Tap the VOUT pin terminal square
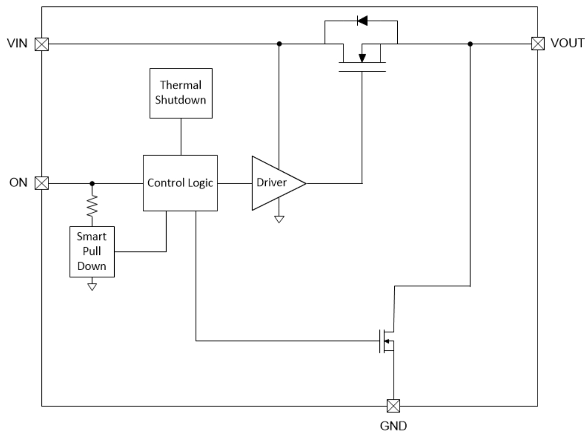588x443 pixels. (x=537, y=44)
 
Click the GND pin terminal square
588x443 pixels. (x=393, y=406)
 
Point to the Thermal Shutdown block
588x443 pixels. (x=181, y=93)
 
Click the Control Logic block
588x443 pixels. (x=180, y=183)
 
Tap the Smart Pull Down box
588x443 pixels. (x=92, y=251)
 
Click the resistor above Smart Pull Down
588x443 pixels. (x=92, y=206)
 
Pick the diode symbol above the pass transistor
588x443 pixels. (x=362, y=21)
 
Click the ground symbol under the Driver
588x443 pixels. (x=279, y=218)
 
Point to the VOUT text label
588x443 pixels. (x=563, y=44)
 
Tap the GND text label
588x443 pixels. (x=394, y=425)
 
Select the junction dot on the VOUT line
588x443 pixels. (x=470, y=44)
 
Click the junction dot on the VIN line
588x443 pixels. (x=279, y=44)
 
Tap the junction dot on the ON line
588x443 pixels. (x=92, y=184)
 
